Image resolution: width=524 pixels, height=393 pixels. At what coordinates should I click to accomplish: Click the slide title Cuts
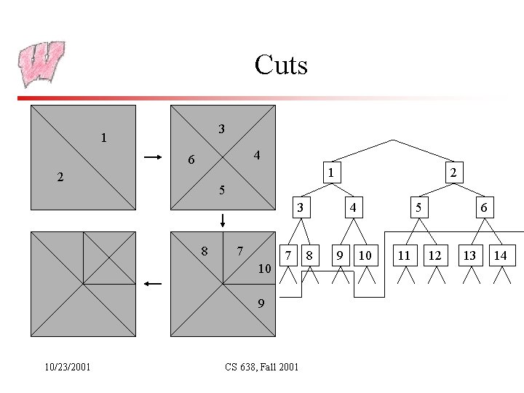pyautogui.click(x=281, y=65)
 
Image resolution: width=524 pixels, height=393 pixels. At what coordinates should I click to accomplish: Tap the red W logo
pyautogui.click(x=42, y=63)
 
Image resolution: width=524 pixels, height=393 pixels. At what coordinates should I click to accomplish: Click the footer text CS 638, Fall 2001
pyautogui.click(x=262, y=367)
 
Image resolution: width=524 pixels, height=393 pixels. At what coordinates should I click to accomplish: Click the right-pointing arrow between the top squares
pyautogui.click(x=153, y=156)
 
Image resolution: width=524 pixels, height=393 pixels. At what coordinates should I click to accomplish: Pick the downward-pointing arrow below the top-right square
pyautogui.click(x=223, y=220)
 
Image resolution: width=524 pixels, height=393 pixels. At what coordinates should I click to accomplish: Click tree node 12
pyautogui.click(x=434, y=255)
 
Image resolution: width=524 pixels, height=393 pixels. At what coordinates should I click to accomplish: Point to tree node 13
pyautogui.click(x=470, y=255)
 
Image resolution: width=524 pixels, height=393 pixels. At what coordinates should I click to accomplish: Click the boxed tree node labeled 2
pyautogui.click(x=453, y=173)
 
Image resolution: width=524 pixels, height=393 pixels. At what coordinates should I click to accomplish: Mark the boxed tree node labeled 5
pyautogui.click(x=418, y=208)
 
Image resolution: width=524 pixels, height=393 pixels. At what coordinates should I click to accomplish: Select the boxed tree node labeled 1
pyautogui.click(x=330, y=173)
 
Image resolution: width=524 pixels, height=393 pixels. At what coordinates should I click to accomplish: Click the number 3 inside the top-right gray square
pyautogui.click(x=222, y=129)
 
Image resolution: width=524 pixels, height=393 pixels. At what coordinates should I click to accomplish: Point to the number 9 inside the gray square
pyautogui.click(x=261, y=303)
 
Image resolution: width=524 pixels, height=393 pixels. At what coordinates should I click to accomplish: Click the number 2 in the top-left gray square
pyautogui.click(x=61, y=177)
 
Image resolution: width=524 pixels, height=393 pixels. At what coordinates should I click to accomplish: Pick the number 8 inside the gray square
pyautogui.click(x=205, y=252)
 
